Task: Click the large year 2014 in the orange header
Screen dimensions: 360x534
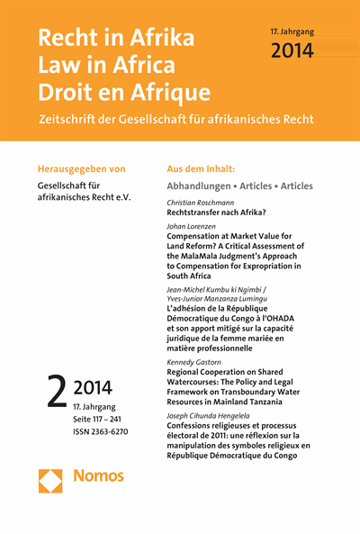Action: [x=292, y=51]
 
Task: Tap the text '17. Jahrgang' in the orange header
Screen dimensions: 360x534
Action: [x=292, y=31]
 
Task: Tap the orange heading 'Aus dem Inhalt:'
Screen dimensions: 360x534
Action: [x=202, y=168]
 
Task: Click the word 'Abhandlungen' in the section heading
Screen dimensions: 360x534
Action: [x=203, y=186]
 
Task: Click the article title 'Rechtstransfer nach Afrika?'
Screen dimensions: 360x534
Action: [x=223, y=214]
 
